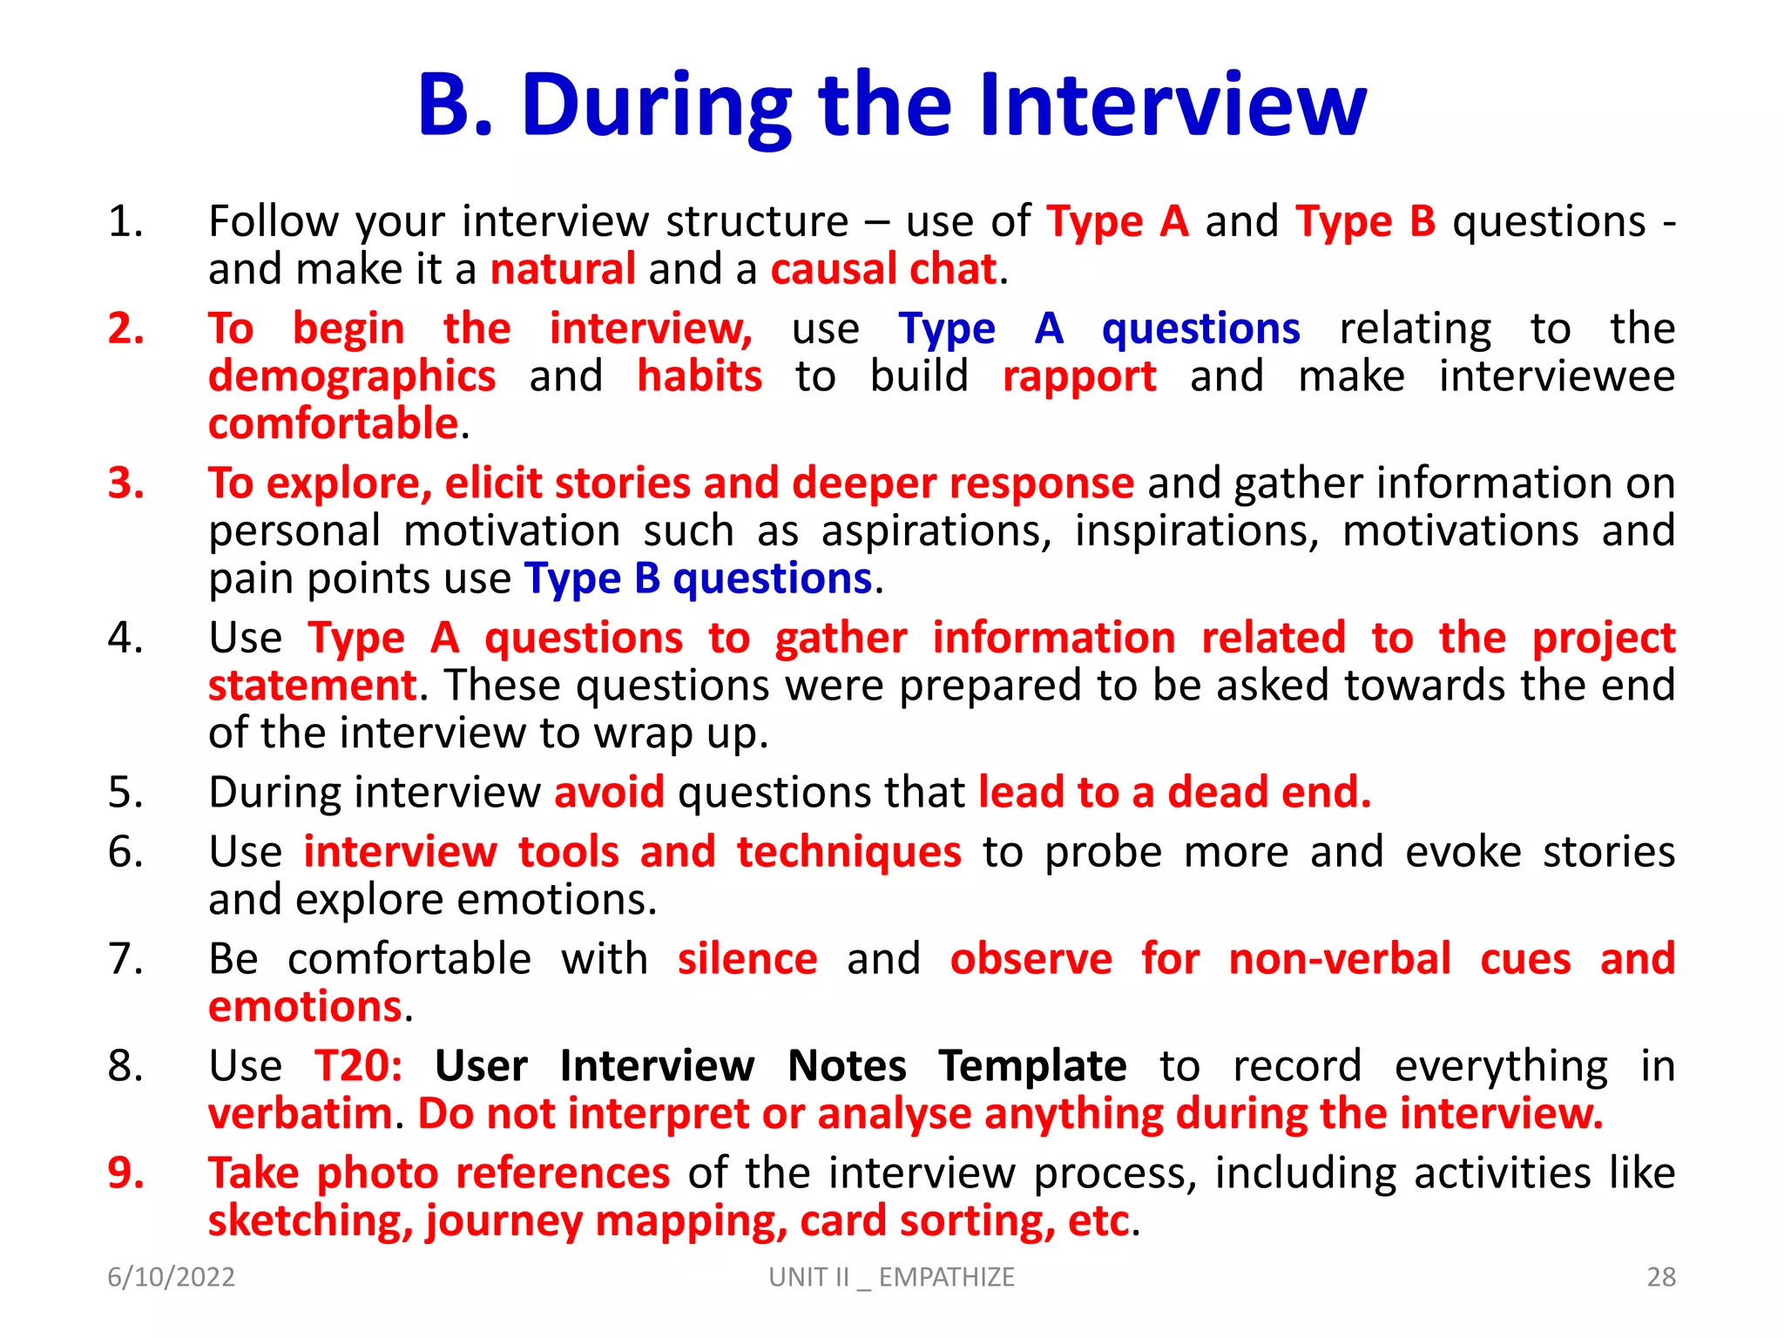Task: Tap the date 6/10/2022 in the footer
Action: (171, 1277)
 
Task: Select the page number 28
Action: (1660, 1277)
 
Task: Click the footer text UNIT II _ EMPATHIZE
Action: (891, 1277)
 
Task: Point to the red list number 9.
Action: (125, 1172)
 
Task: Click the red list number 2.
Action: (125, 329)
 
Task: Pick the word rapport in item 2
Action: (1078, 378)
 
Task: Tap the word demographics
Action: (352, 378)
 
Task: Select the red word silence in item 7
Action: (747, 959)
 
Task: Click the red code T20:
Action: (358, 1066)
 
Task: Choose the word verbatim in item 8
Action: (300, 1114)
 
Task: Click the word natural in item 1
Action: (563, 269)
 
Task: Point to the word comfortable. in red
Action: (334, 424)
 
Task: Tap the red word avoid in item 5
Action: (609, 793)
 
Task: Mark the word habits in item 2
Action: (699, 377)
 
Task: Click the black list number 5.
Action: (125, 793)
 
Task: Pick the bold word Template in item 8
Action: (1032, 1066)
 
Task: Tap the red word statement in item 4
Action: (312, 686)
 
